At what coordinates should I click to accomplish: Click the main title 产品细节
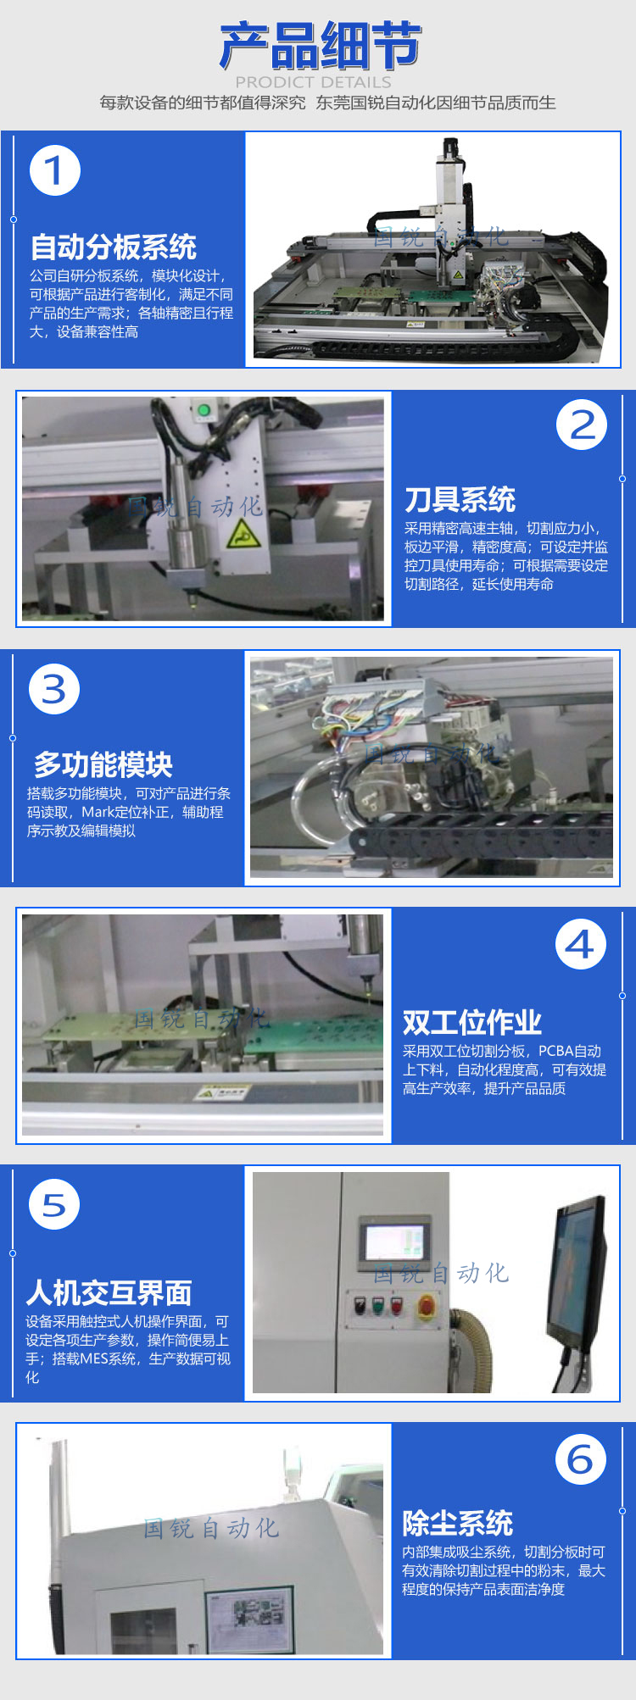pyautogui.click(x=320, y=46)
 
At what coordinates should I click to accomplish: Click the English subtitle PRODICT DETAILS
pyautogui.click(x=313, y=82)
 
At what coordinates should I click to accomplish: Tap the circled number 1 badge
pyautogui.click(x=55, y=170)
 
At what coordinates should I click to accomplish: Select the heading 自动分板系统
pyautogui.click(x=114, y=247)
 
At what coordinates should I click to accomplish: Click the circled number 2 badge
pyautogui.click(x=582, y=425)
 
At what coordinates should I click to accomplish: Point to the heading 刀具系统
pyautogui.click(x=460, y=499)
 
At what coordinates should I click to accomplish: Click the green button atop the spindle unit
pyautogui.click(x=204, y=412)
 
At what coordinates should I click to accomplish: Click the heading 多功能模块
pyautogui.click(x=103, y=765)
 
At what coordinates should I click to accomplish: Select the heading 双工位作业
pyautogui.click(x=472, y=1023)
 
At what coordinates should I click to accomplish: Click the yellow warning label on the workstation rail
pyautogui.click(x=221, y=1093)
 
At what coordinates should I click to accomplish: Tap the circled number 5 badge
pyautogui.click(x=54, y=1205)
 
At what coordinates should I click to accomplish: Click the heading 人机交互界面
pyautogui.click(x=109, y=1293)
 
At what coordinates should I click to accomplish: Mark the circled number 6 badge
pyautogui.click(x=581, y=1459)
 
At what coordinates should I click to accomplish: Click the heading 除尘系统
pyautogui.click(x=458, y=1523)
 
